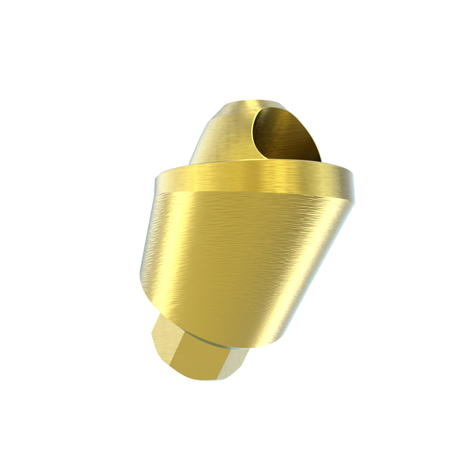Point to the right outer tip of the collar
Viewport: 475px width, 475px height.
[x=353, y=187]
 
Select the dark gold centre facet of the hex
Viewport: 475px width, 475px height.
[x=198, y=358]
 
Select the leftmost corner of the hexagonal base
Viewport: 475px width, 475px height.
[x=152, y=334]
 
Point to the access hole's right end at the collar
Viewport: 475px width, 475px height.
[x=320, y=160]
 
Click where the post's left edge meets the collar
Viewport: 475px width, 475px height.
[x=190, y=164]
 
